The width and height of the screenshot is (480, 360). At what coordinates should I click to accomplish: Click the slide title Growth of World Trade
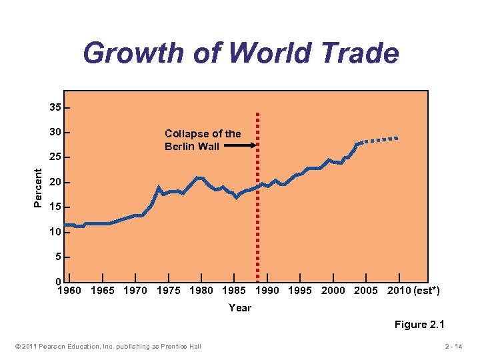point(241,53)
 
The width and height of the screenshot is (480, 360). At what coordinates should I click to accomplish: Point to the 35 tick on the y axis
point(55,107)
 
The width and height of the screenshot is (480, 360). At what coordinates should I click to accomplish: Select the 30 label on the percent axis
point(55,132)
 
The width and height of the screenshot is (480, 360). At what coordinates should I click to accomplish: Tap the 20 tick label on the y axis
point(55,182)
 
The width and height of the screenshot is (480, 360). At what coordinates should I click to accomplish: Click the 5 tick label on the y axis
point(58,257)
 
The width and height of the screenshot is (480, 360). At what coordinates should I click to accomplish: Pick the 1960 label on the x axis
point(69,291)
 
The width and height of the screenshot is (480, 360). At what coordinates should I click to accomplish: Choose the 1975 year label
point(169,291)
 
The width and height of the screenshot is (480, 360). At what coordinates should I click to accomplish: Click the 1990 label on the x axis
point(267,291)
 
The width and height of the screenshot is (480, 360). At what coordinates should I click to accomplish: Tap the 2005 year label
point(366,291)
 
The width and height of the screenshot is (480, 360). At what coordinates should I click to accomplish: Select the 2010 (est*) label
point(413,291)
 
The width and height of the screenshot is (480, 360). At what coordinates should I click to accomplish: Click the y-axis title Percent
point(39,187)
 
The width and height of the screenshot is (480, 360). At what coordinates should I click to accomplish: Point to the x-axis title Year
point(240,308)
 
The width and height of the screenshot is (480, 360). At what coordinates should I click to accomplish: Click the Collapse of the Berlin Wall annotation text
point(203,140)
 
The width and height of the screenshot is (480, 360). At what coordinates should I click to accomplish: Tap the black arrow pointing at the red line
point(237,145)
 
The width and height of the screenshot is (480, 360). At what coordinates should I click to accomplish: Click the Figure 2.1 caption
point(419,325)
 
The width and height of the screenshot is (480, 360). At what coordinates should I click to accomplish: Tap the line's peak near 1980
point(198,178)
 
